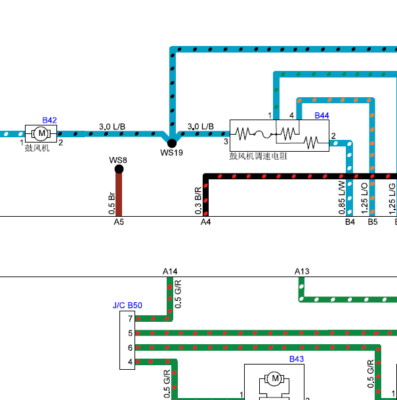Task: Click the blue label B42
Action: pos(49,120)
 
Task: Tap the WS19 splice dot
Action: pos(172,143)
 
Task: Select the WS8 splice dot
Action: pos(119,169)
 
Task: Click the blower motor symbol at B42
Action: pos(41,133)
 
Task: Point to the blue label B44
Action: pos(322,116)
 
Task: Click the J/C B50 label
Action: pos(127,305)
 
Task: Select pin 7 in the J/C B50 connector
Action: pos(130,319)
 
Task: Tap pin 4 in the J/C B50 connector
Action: pos(130,362)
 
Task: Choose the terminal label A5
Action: pos(119,222)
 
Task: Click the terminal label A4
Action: pos(205,222)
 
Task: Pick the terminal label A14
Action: pos(170,271)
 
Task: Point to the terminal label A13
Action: pos(302,271)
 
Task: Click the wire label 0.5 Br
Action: pos(112,203)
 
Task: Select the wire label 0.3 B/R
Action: pos(198,200)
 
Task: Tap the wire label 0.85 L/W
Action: pos(342,198)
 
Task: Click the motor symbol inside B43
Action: pos(274,378)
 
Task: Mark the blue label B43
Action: pos(297,359)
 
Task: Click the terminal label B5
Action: pos(373,222)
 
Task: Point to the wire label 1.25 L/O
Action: pos(364,198)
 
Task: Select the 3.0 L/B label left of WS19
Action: pos(112,127)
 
